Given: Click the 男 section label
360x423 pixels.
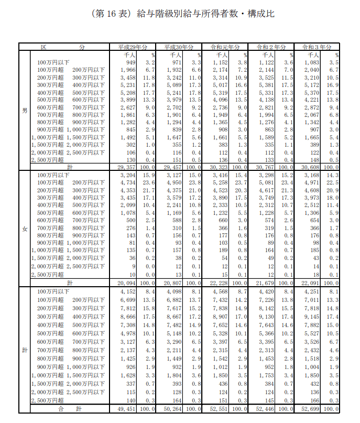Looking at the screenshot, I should pos(25,111).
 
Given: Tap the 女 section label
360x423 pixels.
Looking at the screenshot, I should pos(25,229).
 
